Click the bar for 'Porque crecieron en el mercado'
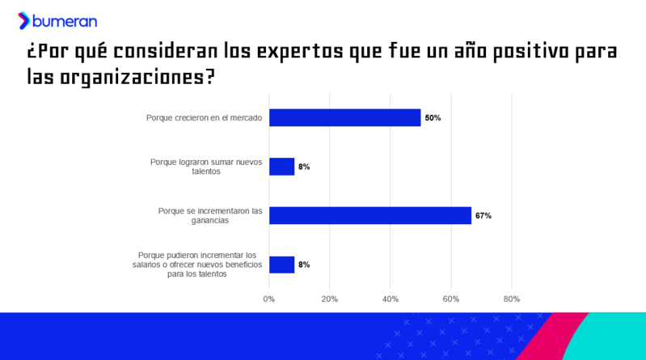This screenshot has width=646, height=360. [344, 118]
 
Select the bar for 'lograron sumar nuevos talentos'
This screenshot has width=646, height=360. [281, 167]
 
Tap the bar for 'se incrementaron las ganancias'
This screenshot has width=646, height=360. [370, 215]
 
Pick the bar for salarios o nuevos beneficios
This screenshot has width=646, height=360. [281, 265]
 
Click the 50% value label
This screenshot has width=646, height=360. [433, 118]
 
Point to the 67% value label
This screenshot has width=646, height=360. [483, 216]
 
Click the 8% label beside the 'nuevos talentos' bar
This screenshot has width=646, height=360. [304, 167]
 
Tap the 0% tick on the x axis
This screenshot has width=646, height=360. [269, 299]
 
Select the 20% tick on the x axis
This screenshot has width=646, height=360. [330, 299]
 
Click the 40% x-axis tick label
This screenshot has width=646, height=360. [391, 299]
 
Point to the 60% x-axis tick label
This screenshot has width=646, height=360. [451, 299]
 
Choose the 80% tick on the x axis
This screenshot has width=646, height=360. [512, 299]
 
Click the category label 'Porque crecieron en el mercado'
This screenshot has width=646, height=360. [204, 118]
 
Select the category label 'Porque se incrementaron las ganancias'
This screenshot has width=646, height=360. [210, 215]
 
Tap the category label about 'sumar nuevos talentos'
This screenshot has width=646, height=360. [207, 167]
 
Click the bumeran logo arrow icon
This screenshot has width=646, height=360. [24, 21]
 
